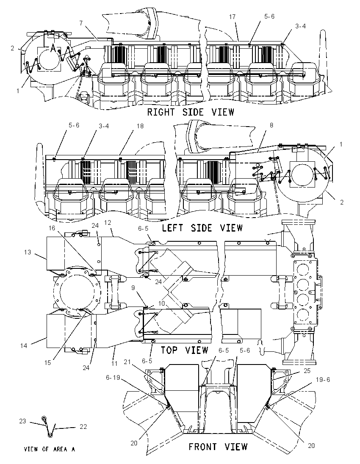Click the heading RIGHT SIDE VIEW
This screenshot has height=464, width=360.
tap(191, 112)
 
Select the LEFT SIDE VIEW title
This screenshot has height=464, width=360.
tap(202, 228)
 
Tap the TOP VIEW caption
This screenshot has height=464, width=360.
tap(184, 350)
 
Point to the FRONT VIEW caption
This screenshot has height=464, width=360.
tap(218, 446)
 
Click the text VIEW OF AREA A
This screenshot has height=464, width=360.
tap(50, 449)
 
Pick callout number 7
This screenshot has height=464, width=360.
tap(81, 22)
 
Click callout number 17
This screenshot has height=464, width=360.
tap(232, 17)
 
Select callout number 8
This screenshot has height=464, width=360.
tap(271, 125)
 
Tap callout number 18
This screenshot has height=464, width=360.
tap(140, 126)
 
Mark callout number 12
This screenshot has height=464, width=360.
tap(107, 222)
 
